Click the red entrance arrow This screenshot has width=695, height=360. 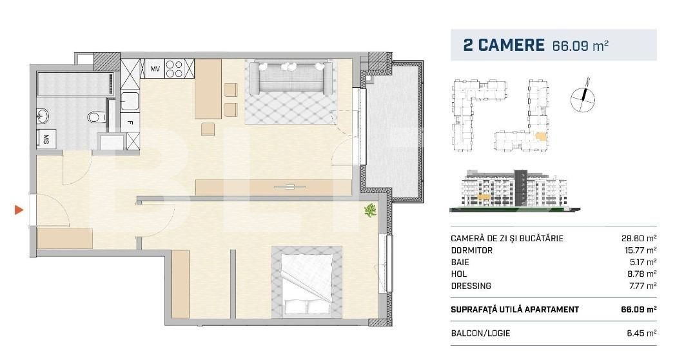[x=19, y=210]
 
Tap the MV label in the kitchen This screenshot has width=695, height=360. [x=155, y=68]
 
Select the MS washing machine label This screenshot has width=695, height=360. [x=46, y=138]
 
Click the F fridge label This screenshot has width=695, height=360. [x=130, y=122]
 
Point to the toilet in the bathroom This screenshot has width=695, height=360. [x=95, y=117]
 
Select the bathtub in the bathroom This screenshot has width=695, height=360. [x=75, y=85]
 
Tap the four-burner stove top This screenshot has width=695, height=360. [x=174, y=68]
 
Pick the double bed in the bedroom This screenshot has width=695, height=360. [x=307, y=282]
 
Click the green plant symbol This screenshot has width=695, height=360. [x=371, y=210]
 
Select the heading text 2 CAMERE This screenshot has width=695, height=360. [x=504, y=45]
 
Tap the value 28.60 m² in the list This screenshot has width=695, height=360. [x=638, y=239]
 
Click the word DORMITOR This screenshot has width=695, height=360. [x=471, y=250]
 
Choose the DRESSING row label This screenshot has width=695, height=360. [x=471, y=286]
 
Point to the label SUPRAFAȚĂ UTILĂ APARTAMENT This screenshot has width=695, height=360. [x=514, y=310]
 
